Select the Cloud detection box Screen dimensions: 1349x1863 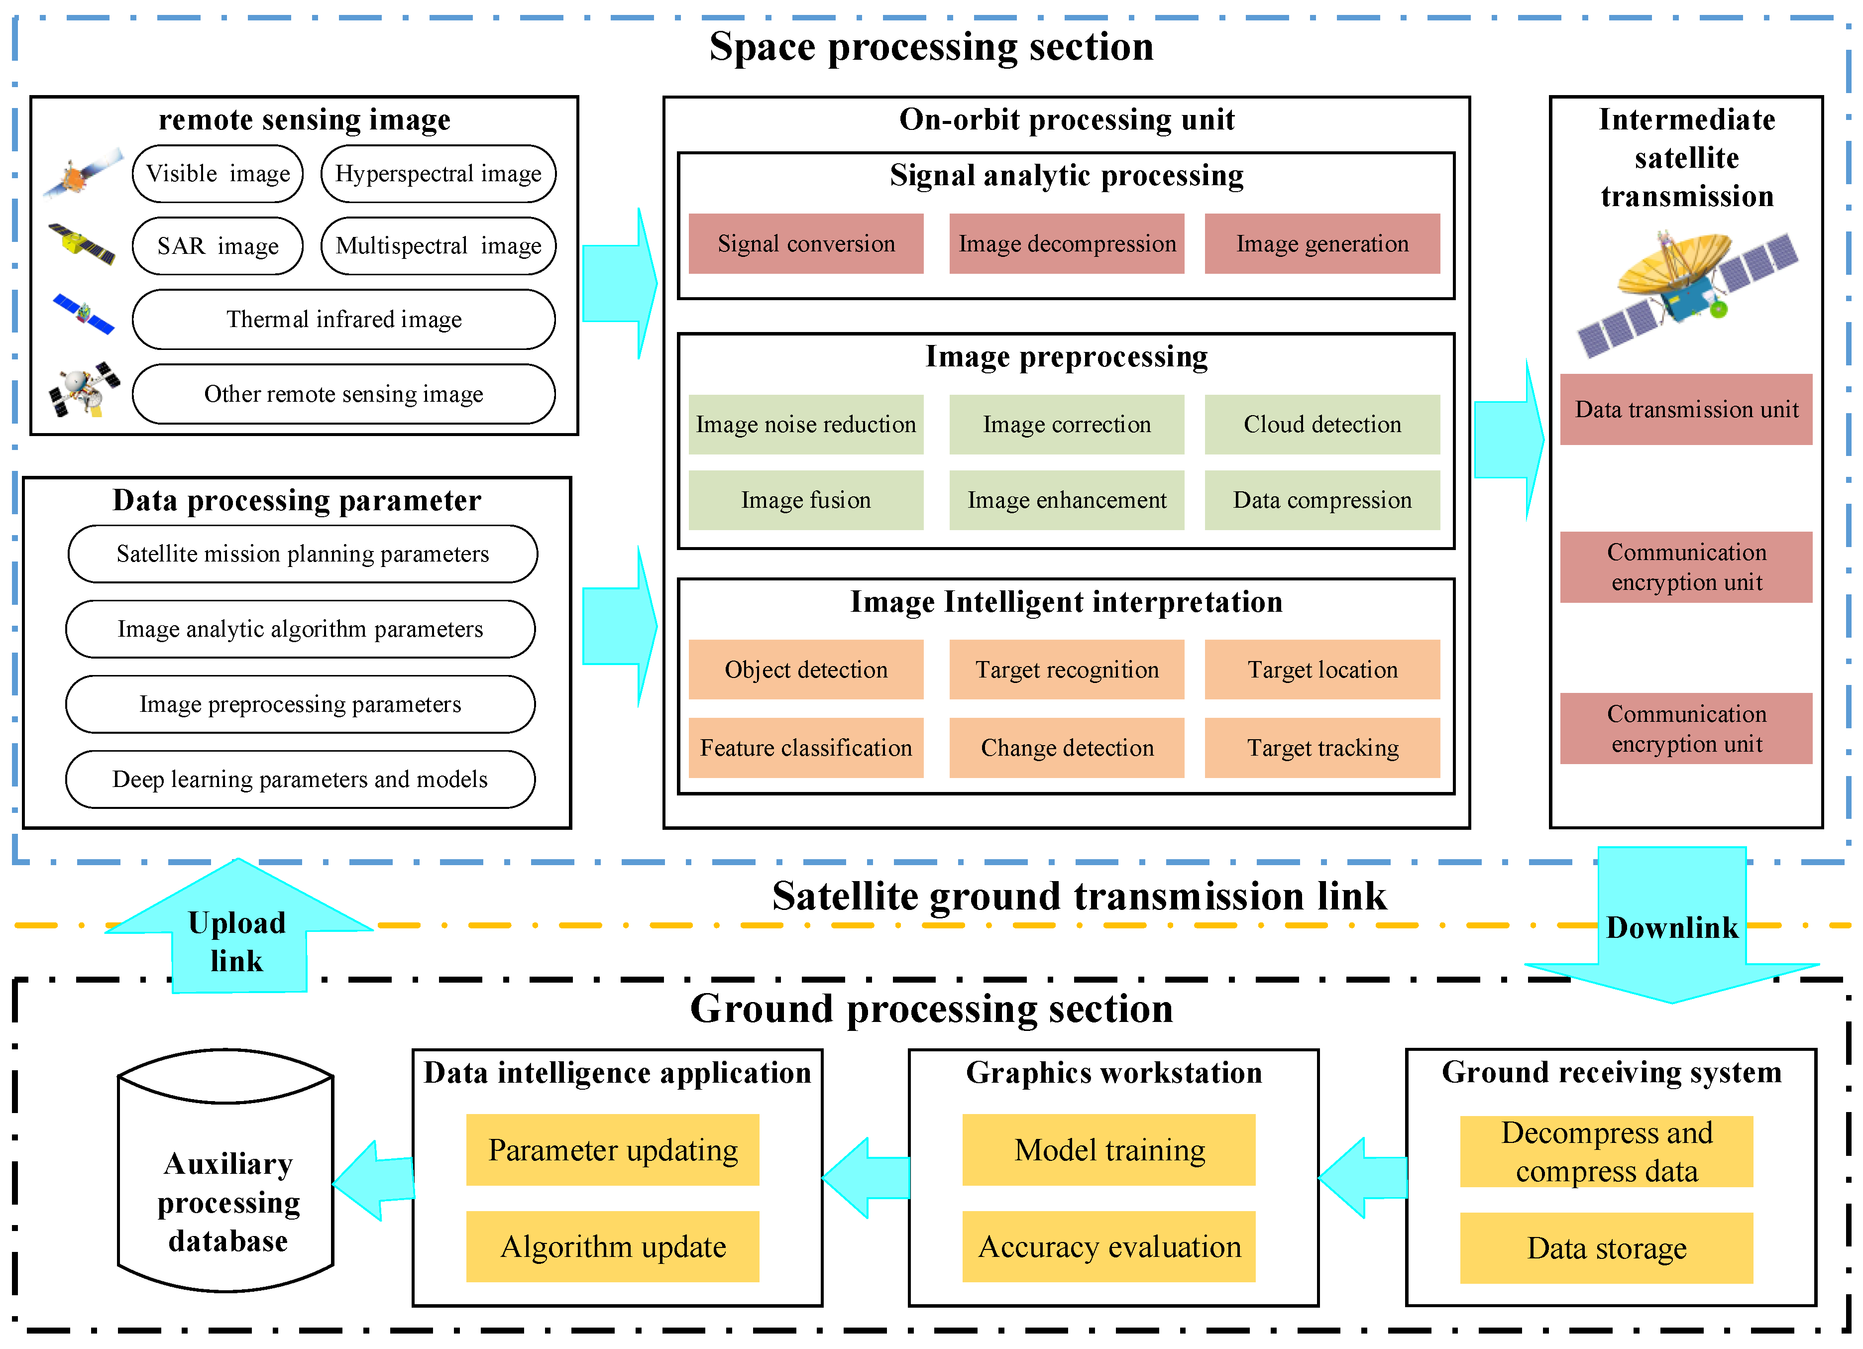(x=1321, y=425)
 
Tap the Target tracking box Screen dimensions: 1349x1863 (x=1321, y=748)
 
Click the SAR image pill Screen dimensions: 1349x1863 (x=218, y=245)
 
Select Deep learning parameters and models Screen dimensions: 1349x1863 (x=300, y=779)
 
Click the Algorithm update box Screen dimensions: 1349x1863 (x=612, y=1246)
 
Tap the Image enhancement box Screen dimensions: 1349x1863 (x=1066, y=499)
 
